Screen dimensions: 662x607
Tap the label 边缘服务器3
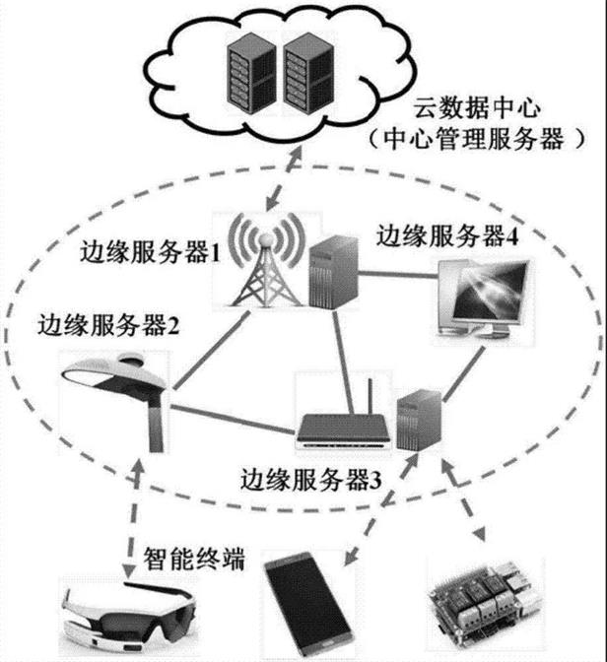point(316,483)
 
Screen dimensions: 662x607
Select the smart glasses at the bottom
point(127,612)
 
